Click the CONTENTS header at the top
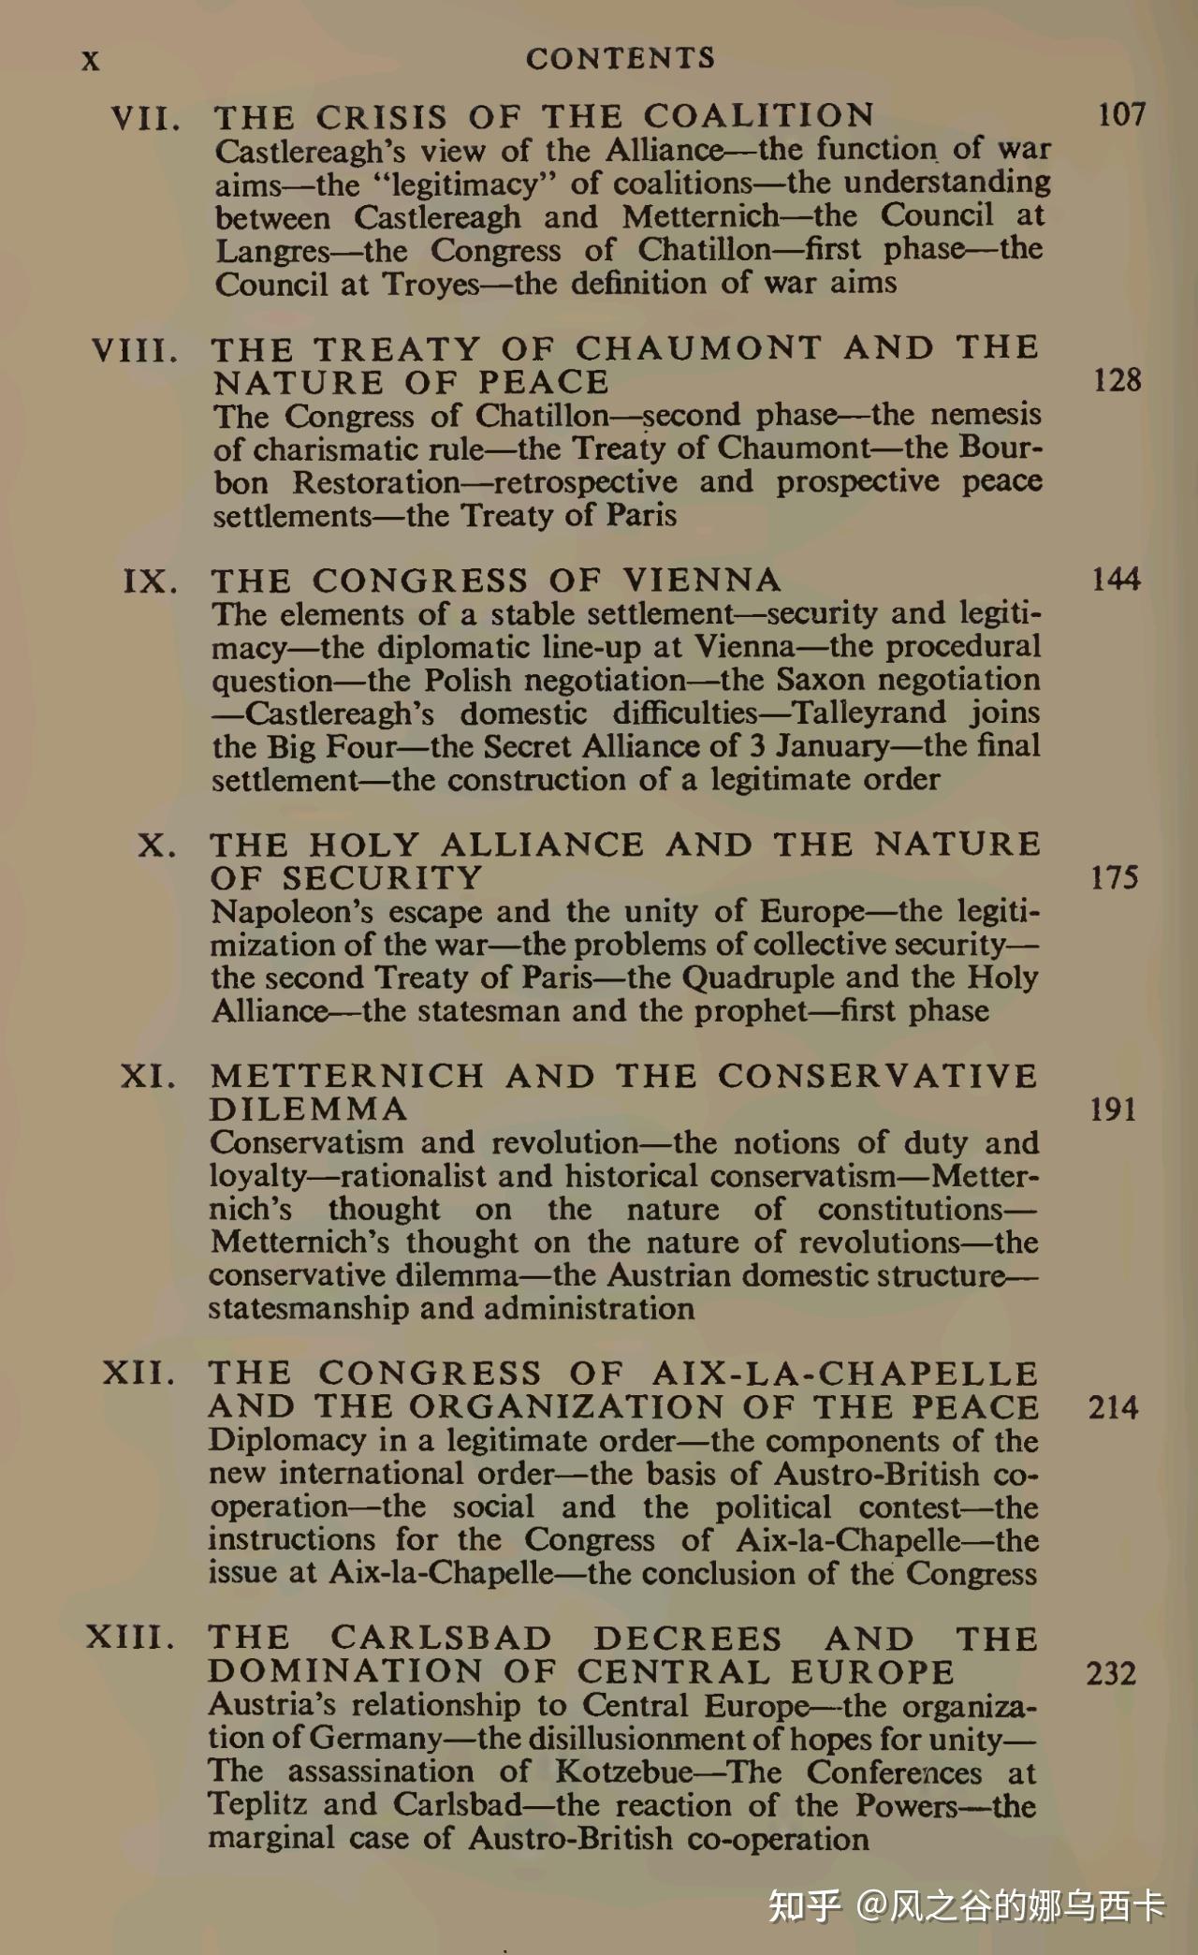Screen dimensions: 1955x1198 pyautogui.click(x=620, y=58)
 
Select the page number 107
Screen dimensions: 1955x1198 pyautogui.click(x=1121, y=115)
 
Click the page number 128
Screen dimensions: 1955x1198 pyautogui.click(x=1118, y=380)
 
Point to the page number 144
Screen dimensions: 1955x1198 pyautogui.click(x=1116, y=580)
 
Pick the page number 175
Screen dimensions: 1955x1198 pyautogui.click(x=1114, y=877)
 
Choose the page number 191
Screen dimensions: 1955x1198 pyautogui.click(x=1113, y=1110)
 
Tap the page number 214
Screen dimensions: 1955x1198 pyautogui.click(x=1113, y=1407)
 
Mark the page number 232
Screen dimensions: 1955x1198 pyautogui.click(x=1111, y=1672)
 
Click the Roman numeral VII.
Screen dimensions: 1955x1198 pyautogui.click(x=145, y=119)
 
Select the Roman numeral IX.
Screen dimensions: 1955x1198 pyautogui.click(x=150, y=581)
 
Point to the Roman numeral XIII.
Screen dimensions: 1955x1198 pyautogui.click(x=130, y=1638)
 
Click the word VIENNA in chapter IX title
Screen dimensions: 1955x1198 pyautogui.click(x=702, y=581)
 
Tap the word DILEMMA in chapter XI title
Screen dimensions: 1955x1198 pyautogui.click(x=309, y=1110)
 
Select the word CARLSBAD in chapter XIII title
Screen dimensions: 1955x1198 pyautogui.click(x=441, y=1639)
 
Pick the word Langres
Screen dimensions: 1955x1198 pyautogui.click(x=272, y=251)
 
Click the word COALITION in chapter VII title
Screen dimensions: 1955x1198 pyautogui.click(x=759, y=116)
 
